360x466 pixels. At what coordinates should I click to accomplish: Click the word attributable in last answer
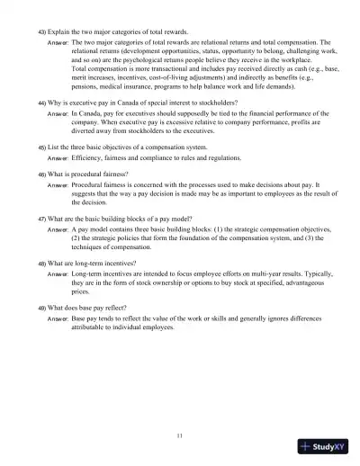point(93,328)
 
